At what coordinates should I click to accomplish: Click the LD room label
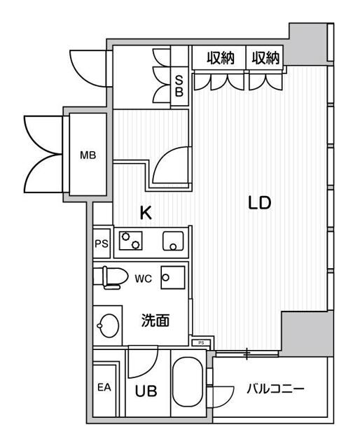click(259, 203)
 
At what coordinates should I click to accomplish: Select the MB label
click(88, 155)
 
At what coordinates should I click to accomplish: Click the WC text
click(143, 278)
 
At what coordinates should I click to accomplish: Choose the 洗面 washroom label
click(155, 321)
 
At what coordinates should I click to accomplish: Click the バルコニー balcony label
click(275, 388)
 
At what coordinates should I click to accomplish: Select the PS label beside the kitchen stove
click(102, 244)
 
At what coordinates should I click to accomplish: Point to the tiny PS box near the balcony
click(201, 342)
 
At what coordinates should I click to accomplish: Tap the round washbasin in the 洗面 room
click(108, 325)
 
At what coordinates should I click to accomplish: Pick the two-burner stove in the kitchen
click(131, 241)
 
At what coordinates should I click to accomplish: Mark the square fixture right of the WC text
click(172, 277)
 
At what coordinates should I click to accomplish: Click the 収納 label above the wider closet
click(221, 59)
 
